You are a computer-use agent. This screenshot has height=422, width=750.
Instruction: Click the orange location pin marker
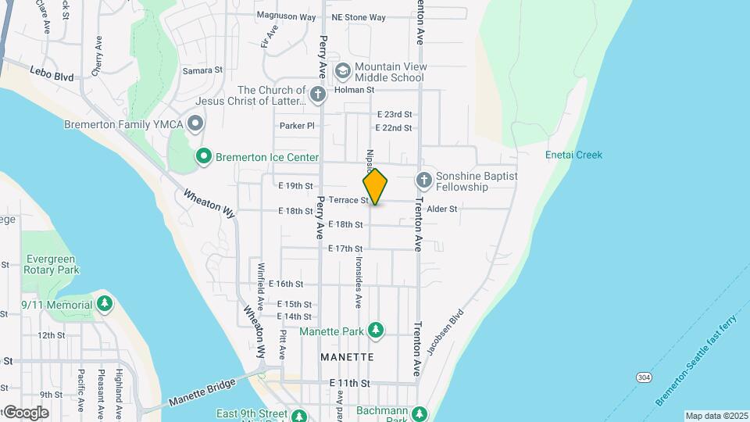tap(375, 187)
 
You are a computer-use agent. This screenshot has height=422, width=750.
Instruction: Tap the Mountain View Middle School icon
tap(342, 71)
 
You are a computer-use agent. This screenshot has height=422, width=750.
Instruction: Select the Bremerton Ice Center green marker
tap(204, 157)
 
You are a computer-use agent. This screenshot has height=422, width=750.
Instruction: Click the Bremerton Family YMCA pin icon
tap(195, 124)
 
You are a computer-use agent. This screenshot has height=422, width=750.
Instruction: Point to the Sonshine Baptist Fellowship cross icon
tap(423, 181)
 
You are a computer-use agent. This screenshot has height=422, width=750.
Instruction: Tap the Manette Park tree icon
tap(376, 331)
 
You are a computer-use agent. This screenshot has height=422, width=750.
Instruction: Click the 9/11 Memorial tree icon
tap(105, 303)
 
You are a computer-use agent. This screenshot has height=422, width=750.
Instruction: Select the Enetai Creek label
tap(573, 155)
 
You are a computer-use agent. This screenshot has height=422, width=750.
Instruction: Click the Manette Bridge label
tap(201, 394)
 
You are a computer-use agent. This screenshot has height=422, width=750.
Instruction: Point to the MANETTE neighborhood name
tap(347, 357)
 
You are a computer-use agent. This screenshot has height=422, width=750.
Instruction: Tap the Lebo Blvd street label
tap(53, 77)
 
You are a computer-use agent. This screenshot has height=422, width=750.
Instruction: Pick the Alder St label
tap(441, 209)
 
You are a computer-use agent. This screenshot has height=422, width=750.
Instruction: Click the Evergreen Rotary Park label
tap(53, 264)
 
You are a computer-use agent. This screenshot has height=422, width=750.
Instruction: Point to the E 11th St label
tap(348, 382)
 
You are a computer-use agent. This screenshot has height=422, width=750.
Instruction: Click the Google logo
tap(25, 412)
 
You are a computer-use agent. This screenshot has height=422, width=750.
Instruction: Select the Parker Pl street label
tap(297, 125)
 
